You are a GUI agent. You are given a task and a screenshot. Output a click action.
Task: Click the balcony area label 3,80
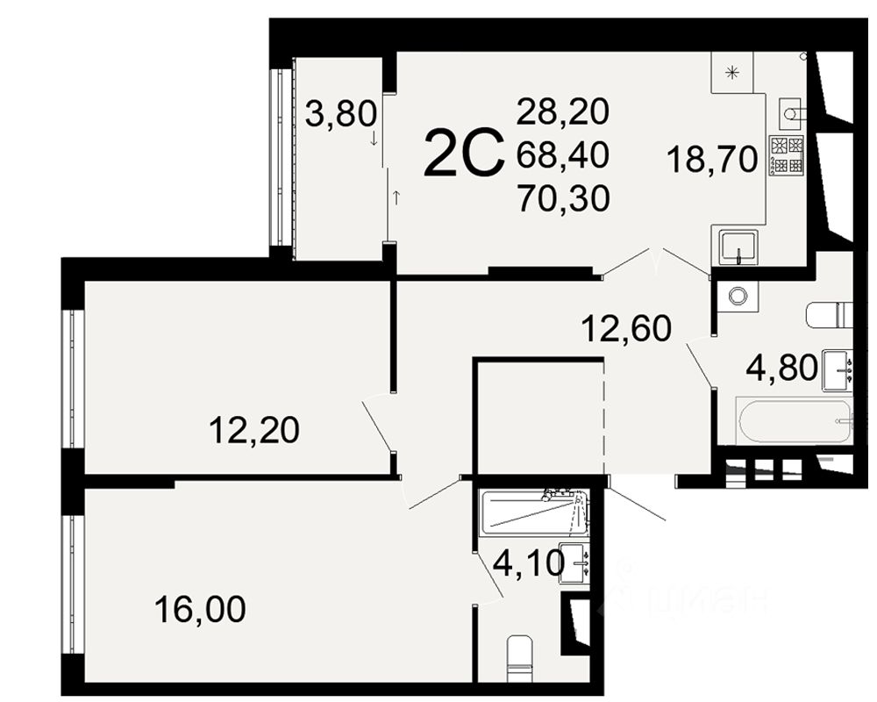(341, 115)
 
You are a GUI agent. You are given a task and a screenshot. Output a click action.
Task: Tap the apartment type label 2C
(464, 153)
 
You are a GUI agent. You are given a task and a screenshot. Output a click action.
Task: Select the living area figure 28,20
(563, 111)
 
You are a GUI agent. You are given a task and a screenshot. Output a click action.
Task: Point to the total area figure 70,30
(563, 198)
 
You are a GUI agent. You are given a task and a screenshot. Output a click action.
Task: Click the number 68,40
(563, 155)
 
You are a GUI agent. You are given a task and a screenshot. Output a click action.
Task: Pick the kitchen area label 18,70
(712, 160)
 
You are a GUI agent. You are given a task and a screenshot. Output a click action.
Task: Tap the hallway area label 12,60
(626, 328)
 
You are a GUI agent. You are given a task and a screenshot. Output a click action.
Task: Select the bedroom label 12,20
(254, 431)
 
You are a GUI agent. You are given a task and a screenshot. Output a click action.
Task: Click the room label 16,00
(200, 609)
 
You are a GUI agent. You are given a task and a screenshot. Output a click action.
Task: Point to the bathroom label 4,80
(782, 369)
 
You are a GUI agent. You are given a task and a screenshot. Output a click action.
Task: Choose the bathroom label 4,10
(529, 564)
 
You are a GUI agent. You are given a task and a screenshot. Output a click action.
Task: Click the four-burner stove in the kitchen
(787, 154)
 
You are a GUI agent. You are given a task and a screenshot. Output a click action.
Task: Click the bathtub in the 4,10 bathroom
(533, 512)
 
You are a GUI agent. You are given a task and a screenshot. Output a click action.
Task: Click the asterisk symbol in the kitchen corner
(732, 72)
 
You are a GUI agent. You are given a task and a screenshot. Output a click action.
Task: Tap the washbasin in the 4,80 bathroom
(838, 370)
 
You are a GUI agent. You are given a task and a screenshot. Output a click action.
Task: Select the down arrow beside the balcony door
(374, 138)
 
